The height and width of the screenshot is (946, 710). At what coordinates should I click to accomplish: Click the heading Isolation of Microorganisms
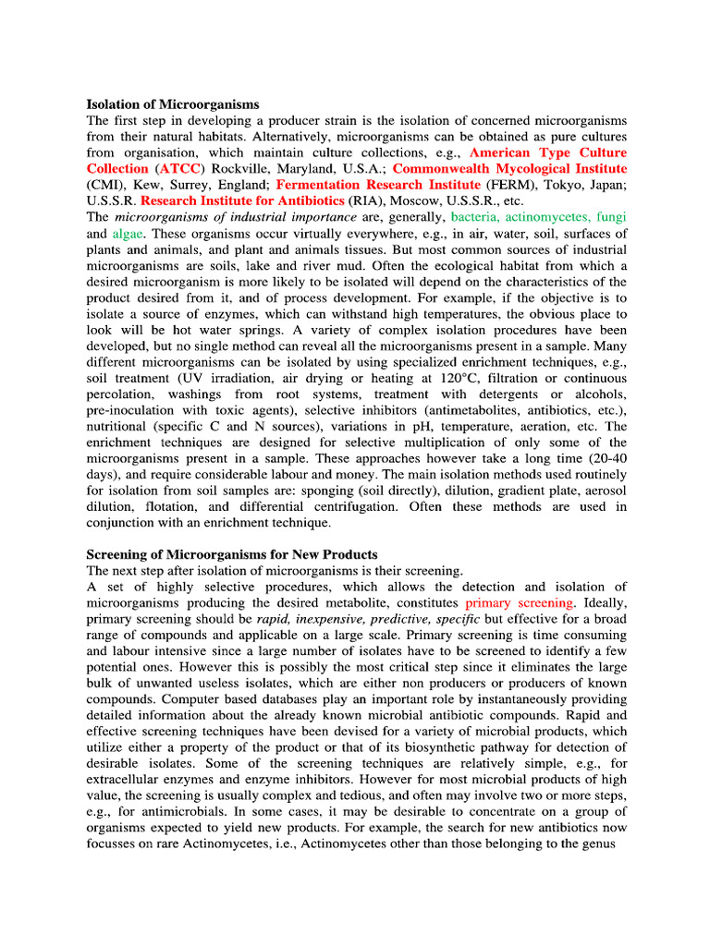pyautogui.click(x=173, y=104)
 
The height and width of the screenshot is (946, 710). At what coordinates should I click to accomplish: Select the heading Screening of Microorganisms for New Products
pyautogui.click(x=232, y=554)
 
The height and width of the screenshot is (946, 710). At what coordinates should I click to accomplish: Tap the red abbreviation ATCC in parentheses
pyautogui.click(x=179, y=168)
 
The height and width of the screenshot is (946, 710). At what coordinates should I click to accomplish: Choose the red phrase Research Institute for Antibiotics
pyautogui.click(x=243, y=200)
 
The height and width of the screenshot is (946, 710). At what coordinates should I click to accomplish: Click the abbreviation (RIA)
pyautogui.click(x=371, y=200)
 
